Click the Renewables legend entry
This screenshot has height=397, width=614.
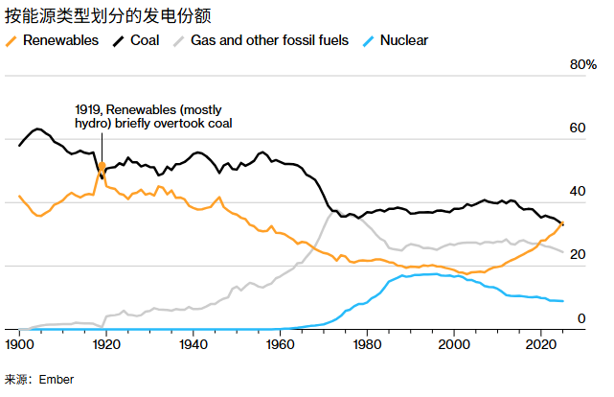point(58,41)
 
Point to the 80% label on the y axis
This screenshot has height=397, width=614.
point(583,65)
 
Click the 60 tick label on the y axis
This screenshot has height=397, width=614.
point(578,128)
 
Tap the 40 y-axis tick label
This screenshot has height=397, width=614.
point(578,192)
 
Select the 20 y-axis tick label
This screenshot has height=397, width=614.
point(578,255)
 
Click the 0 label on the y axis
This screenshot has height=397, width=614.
point(580,318)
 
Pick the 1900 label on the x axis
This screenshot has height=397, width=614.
point(19,343)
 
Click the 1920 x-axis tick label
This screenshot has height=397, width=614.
point(106,343)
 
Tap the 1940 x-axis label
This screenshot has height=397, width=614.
point(193,343)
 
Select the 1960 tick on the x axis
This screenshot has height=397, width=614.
point(281,343)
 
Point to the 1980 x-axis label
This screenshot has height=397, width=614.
point(368,343)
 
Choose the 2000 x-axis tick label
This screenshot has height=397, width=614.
point(455,343)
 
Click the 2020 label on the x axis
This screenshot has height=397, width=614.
point(542,343)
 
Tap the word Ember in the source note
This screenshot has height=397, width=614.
point(56,380)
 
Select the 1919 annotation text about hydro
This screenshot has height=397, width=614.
point(153,116)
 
